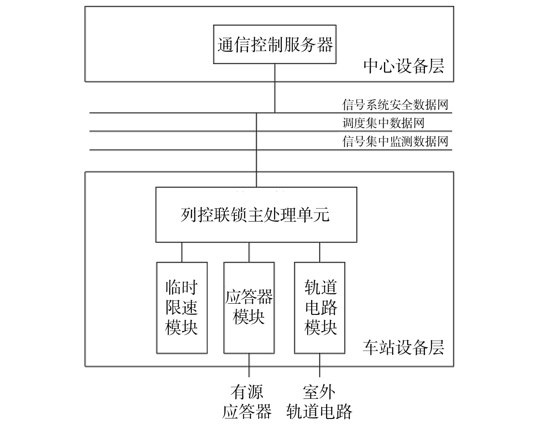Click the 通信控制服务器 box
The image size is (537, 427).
(x=275, y=44)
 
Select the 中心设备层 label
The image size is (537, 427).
(x=403, y=66)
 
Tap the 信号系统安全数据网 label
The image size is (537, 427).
(x=395, y=105)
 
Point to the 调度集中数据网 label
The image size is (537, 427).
(x=384, y=123)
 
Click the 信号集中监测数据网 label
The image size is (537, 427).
(x=395, y=141)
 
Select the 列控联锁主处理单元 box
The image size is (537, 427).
(x=256, y=215)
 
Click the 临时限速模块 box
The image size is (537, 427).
(x=182, y=308)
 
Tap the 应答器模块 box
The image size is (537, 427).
(x=249, y=308)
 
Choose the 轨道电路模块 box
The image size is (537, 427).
(x=320, y=308)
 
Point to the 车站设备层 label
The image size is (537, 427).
(x=403, y=348)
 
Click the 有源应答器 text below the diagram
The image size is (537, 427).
(x=247, y=402)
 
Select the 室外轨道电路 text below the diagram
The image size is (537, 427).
(x=319, y=402)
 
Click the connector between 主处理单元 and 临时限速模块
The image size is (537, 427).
(x=182, y=252)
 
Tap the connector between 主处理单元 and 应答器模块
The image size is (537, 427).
(x=249, y=252)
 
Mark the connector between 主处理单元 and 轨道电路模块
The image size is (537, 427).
(x=320, y=252)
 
